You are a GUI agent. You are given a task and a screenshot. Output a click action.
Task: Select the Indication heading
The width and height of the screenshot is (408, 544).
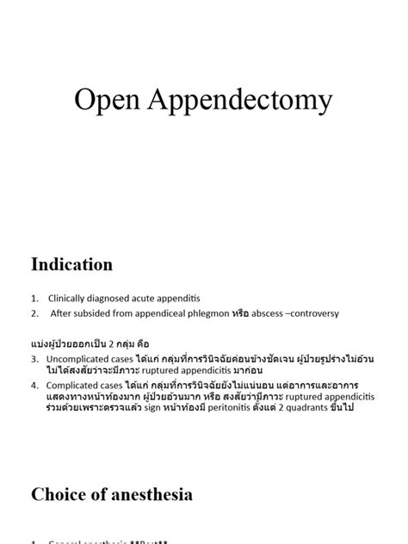tap(72, 264)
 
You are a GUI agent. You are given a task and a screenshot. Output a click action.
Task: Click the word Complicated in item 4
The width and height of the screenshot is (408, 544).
tap(75, 385)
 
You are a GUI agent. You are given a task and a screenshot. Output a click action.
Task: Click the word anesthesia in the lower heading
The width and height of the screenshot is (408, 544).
tap(151, 494)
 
